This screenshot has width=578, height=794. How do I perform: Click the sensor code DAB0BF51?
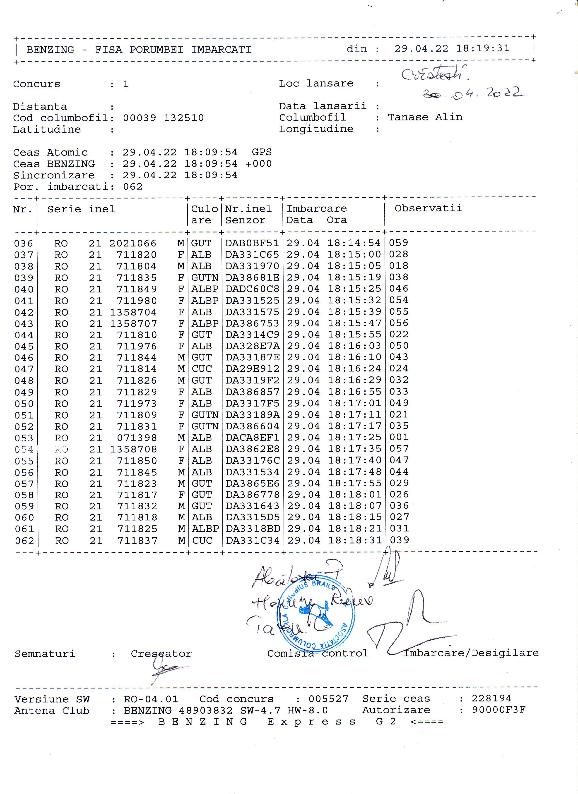(252, 243)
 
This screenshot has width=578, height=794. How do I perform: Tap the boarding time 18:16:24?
(354, 369)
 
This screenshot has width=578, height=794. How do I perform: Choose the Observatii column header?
(428, 208)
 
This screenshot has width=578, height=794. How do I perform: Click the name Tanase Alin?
(425, 117)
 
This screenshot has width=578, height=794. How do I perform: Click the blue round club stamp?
(316, 613)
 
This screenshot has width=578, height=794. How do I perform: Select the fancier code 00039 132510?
(163, 118)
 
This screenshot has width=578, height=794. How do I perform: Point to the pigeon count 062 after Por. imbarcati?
(133, 187)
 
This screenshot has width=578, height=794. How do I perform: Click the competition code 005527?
(328, 699)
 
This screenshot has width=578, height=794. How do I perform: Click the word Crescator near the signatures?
(161, 654)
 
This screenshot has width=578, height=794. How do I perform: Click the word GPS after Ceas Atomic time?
(262, 152)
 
